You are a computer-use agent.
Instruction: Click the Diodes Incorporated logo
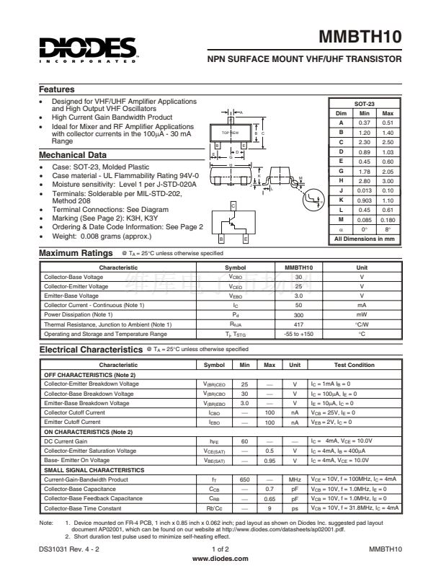(88, 49)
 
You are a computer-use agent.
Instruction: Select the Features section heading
(57, 89)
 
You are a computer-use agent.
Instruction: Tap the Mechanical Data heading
(73, 155)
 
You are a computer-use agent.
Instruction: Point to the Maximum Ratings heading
(76, 253)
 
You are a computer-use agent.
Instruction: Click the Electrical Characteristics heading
(91, 349)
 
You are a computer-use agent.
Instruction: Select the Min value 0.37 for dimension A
(365, 123)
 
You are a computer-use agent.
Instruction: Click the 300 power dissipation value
(298, 314)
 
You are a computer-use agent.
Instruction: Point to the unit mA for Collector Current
(362, 305)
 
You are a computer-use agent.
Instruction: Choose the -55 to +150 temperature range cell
(298, 334)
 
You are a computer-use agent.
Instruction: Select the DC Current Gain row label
(66, 441)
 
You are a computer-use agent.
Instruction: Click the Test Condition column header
(355, 365)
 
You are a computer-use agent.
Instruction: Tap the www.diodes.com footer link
(220, 559)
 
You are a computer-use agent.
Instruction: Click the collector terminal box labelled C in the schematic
(233, 206)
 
